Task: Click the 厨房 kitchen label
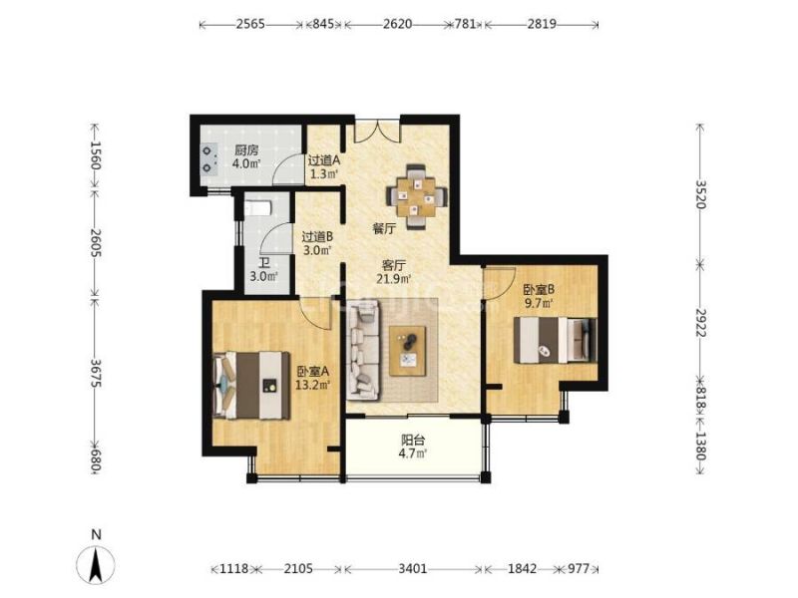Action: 246,150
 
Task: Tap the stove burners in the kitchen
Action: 207,158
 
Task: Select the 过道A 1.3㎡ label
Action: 323,167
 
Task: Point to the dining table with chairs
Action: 417,196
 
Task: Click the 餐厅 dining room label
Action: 384,229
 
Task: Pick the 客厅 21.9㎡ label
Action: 394,272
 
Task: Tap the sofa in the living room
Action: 363,350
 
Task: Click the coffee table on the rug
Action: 408,352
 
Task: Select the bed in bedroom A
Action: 251,386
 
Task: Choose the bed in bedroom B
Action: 555,340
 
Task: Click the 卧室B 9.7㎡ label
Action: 539,296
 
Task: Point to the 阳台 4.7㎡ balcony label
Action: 413,447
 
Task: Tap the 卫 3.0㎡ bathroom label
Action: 263,270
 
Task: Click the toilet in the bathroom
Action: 258,208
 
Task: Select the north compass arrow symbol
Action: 95,563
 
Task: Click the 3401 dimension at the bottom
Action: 412,568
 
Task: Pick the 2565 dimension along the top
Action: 250,24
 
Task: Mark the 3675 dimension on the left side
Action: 95,373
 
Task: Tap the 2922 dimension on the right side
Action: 701,322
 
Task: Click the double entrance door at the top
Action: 377,132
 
